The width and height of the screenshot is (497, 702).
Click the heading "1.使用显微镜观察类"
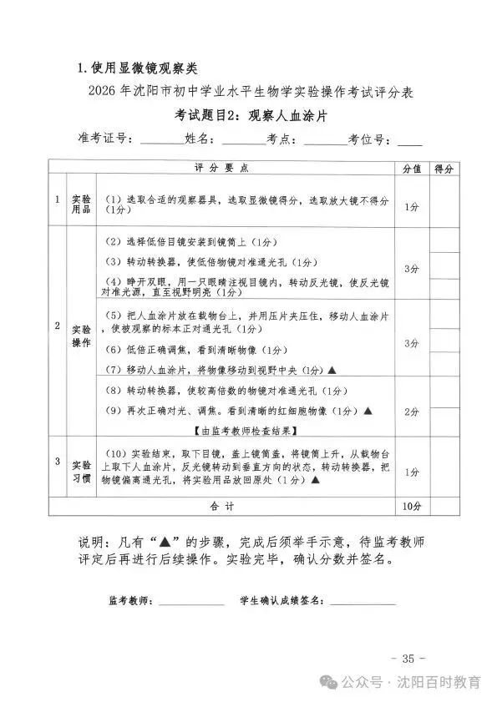[x=136, y=68]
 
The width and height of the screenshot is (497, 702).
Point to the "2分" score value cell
[x=411, y=412]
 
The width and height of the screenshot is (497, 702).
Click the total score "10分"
[x=411, y=507]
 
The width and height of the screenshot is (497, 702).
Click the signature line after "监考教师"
[x=191, y=601]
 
